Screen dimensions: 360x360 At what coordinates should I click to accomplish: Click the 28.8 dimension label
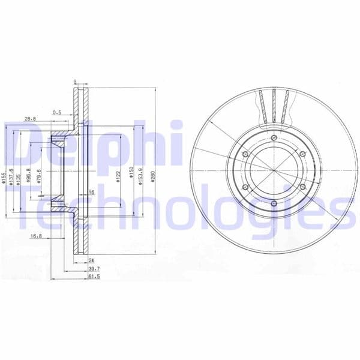31,119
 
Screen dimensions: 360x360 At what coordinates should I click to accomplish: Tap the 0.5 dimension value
58,112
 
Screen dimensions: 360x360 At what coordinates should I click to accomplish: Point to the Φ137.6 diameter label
13,180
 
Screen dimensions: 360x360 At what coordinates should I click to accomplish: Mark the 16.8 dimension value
35,236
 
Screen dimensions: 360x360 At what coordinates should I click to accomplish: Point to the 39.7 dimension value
94,269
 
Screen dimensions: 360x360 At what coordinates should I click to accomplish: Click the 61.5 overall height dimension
94,278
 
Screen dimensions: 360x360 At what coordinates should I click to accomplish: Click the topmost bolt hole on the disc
274,139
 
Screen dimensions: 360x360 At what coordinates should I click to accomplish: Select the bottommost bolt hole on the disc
274,204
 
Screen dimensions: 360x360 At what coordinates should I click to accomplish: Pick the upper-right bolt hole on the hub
302,155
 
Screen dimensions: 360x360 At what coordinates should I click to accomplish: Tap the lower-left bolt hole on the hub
245,188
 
